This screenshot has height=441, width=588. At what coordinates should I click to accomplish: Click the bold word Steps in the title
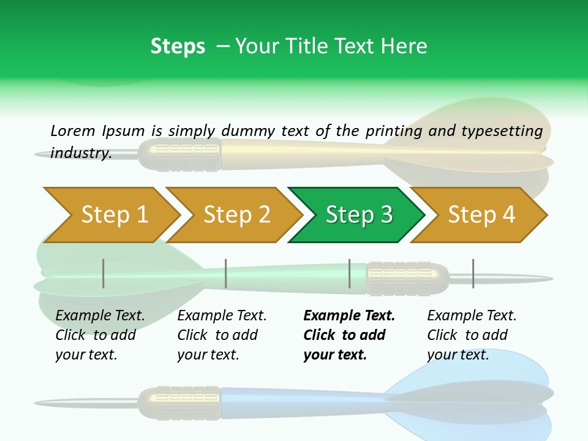point(178,47)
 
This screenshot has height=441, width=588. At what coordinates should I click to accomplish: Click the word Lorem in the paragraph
point(72,130)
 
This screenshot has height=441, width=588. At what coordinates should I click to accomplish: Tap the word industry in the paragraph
point(80,153)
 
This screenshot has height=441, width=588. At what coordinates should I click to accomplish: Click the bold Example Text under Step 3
point(349,316)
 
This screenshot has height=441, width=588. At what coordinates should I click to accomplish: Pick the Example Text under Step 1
point(100,316)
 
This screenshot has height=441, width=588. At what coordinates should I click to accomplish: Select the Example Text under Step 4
point(472,316)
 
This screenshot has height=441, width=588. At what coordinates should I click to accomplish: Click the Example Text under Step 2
point(222,316)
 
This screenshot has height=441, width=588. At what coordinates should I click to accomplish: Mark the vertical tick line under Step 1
point(104,273)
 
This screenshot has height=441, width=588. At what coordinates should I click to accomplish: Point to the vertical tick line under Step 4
point(473,273)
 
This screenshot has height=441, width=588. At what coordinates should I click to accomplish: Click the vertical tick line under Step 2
point(226,273)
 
